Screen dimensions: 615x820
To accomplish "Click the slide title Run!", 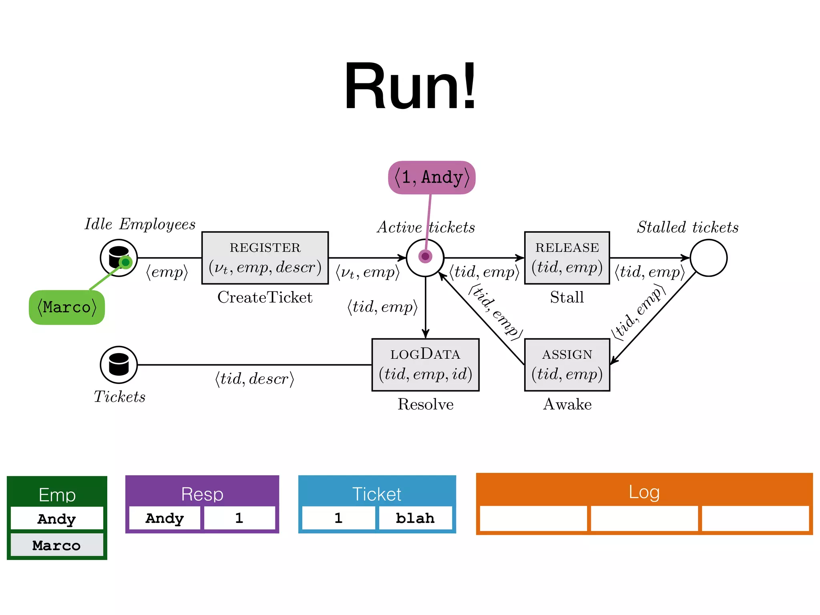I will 410,86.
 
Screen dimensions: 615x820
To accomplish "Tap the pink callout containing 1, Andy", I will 432,177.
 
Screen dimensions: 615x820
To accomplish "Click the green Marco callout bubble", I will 67,307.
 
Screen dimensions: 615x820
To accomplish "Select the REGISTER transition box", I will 265,258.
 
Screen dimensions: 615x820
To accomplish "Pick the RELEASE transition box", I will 567,258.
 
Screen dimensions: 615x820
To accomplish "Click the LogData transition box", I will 425,365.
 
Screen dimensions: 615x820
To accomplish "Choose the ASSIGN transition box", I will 567,365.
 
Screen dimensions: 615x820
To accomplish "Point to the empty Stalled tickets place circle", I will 708,258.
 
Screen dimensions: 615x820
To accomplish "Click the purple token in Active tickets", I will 425,256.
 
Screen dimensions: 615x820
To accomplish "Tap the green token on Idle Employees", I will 126,262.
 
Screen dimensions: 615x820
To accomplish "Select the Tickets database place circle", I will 119,365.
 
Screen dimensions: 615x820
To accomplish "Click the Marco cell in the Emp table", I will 57,545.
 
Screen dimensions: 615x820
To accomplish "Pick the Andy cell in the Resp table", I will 165,518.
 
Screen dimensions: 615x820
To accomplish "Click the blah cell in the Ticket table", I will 415,518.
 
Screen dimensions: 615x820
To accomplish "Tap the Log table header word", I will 644,492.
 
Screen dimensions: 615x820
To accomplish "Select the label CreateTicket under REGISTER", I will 265,297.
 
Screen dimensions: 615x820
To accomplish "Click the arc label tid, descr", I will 255,378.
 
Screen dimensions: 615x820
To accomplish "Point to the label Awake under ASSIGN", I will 567,404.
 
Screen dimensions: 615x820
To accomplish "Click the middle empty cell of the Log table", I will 644,519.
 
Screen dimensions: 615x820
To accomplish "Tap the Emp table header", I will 57,495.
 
